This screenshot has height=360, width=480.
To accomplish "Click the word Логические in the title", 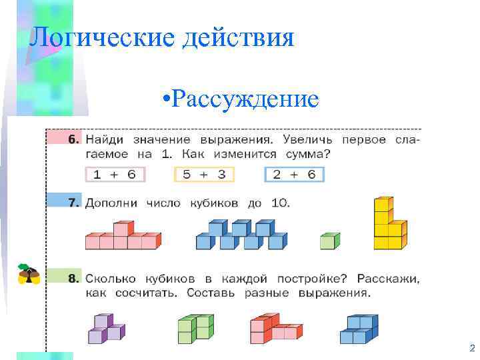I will [93, 37].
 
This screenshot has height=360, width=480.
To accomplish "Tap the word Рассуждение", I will [244, 99].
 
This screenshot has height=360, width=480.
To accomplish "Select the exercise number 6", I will [73, 140].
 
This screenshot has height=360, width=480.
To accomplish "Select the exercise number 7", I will [73, 203].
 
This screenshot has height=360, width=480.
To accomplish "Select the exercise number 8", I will [73, 277].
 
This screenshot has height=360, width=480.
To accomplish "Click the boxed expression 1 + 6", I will [115, 175].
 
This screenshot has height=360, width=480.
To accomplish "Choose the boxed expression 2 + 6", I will [294, 175].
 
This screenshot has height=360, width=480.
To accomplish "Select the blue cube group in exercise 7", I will [241, 237].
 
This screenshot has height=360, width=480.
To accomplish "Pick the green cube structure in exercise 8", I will [195, 328].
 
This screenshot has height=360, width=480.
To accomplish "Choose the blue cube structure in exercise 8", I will [359, 329].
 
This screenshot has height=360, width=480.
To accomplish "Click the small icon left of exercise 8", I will [29, 273].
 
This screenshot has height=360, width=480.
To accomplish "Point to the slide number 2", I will [472, 348].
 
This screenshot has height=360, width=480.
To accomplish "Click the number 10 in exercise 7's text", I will [280, 203].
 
